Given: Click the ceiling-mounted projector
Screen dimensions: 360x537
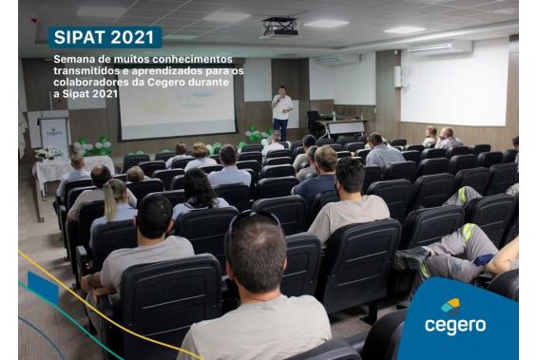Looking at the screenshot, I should tap(280, 27).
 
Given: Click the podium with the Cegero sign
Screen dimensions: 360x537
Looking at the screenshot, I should tap(54, 133).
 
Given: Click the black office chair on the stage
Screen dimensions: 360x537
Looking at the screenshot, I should tap(315, 121).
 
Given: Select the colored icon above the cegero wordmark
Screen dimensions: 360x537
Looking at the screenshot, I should tap(451, 306).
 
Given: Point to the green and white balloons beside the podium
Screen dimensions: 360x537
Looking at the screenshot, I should tap(92, 146).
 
